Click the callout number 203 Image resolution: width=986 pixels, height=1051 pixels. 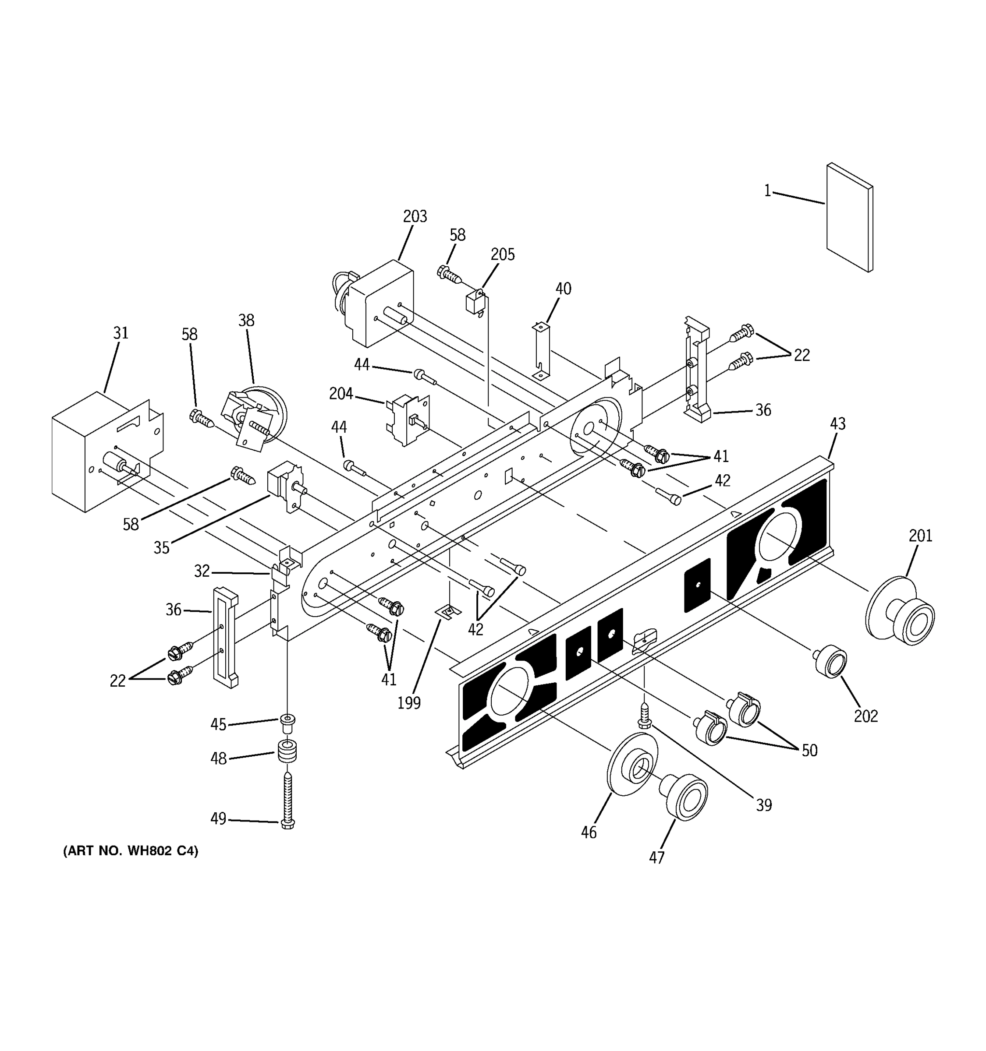click(x=415, y=216)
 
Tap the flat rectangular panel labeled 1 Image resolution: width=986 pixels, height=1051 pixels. click(x=850, y=217)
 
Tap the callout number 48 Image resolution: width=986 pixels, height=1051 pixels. click(x=219, y=758)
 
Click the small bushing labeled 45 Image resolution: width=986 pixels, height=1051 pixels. click(x=287, y=723)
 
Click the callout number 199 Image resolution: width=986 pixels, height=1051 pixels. click(x=409, y=703)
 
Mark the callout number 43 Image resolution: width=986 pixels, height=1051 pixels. click(x=837, y=423)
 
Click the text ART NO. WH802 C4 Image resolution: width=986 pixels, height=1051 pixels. click(x=131, y=851)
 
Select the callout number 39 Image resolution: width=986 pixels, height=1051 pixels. click(x=763, y=805)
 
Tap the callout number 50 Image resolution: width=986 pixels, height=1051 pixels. click(x=809, y=750)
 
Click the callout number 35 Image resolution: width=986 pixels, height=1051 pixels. click(x=161, y=548)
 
